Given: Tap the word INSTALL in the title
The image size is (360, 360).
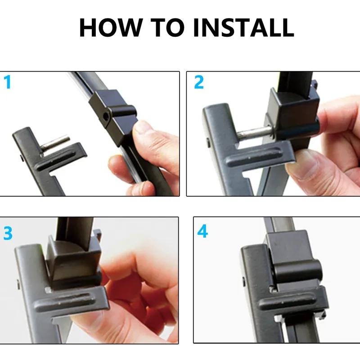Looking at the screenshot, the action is [x=243, y=27].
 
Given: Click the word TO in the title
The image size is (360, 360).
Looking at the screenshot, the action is [x=167, y=27].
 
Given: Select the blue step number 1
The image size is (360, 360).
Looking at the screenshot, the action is [x=8, y=82].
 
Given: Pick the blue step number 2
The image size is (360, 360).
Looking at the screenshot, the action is [x=199, y=82].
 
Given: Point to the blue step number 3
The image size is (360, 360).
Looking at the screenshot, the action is [x=8, y=233].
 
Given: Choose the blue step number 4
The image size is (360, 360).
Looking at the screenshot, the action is [x=202, y=231].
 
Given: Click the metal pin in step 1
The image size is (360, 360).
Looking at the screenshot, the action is [x=55, y=144].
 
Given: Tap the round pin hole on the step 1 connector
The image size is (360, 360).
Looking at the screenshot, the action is [x=106, y=117].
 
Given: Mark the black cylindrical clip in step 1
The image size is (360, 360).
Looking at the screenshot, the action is [x=123, y=111].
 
